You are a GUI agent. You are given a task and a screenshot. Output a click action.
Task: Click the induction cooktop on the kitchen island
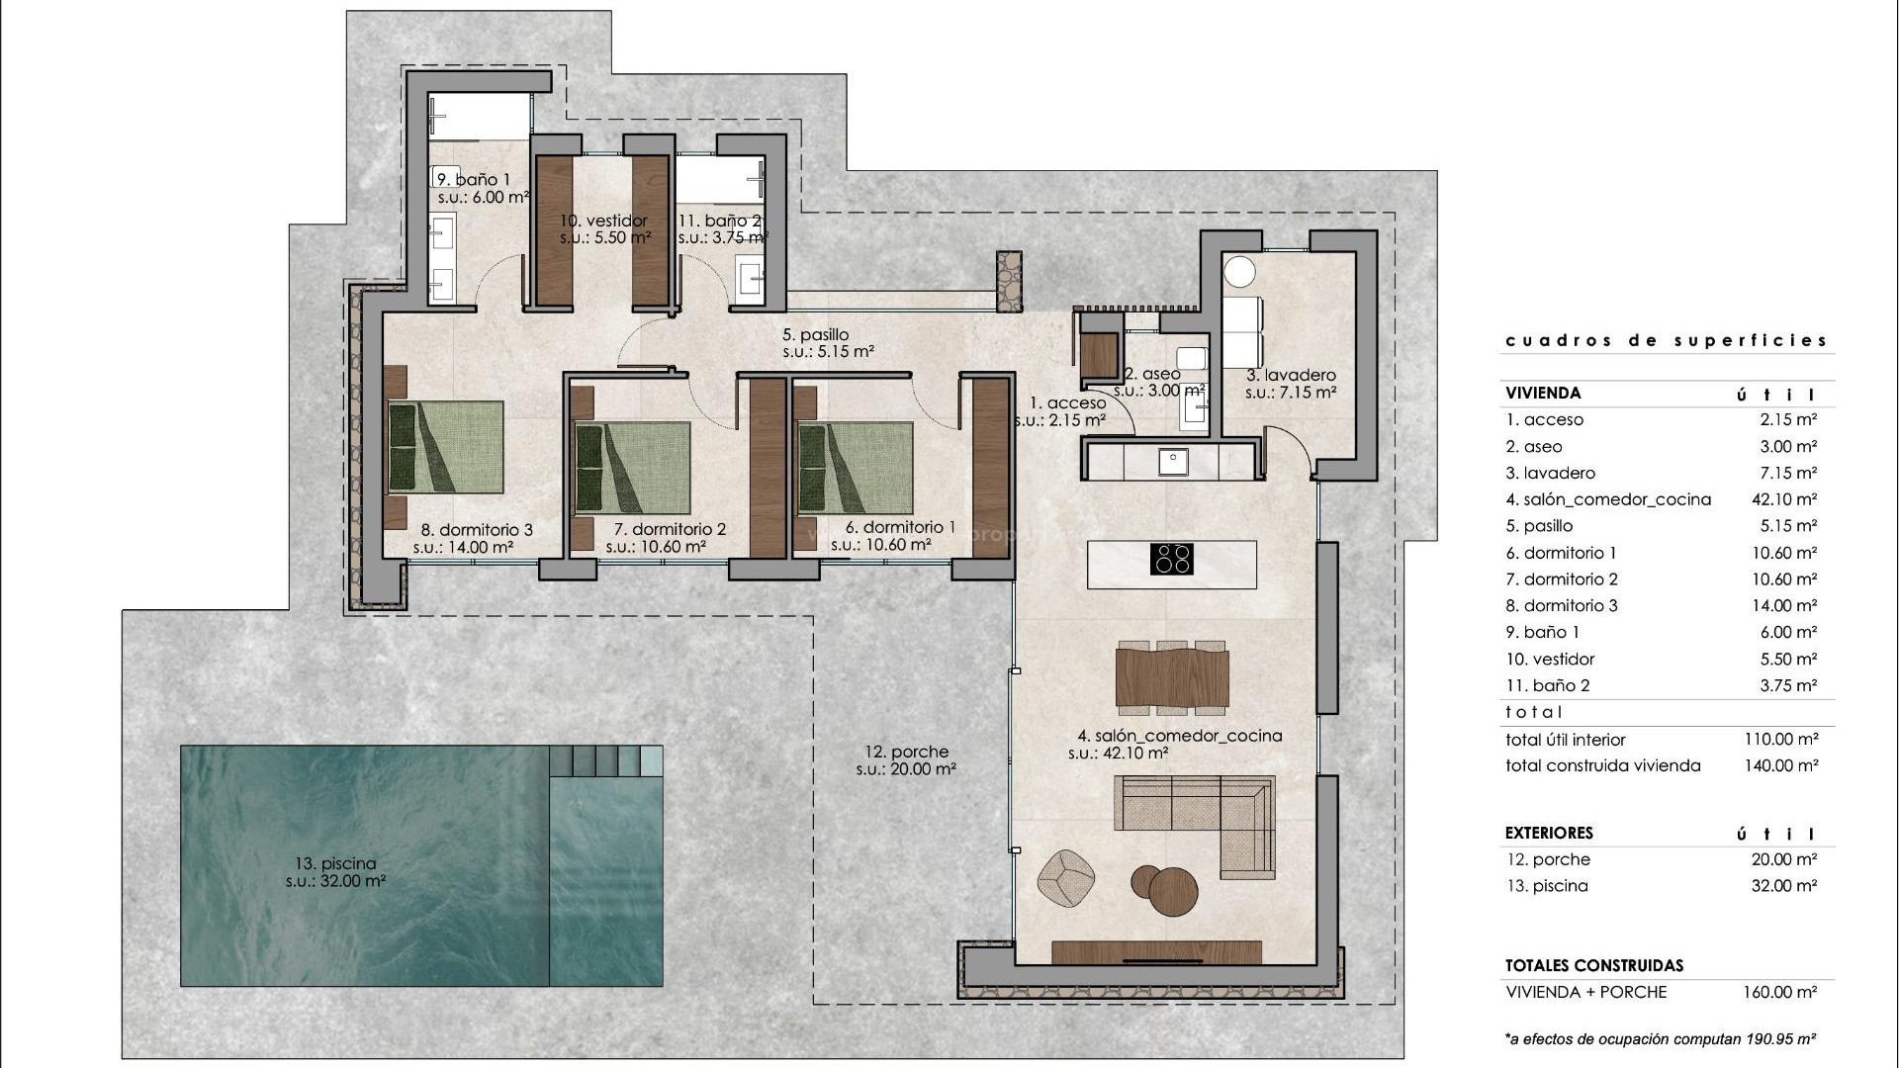click(1172, 559)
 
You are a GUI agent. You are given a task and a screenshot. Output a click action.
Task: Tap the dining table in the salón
click(1172, 677)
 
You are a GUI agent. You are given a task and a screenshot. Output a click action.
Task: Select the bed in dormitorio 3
click(445, 447)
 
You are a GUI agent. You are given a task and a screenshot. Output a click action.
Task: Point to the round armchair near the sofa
click(1066, 877)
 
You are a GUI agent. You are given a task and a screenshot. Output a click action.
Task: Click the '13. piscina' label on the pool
click(335, 863)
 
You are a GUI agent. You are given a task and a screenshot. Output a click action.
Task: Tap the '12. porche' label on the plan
click(905, 753)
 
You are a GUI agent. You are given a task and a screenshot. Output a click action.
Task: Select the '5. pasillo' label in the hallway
click(815, 335)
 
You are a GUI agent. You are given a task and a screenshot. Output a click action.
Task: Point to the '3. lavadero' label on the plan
click(1291, 375)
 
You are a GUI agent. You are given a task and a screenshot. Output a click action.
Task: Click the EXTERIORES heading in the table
click(1549, 834)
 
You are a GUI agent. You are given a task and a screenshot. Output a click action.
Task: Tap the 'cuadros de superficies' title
click(1667, 340)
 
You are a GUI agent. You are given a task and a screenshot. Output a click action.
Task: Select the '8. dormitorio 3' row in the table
click(1562, 605)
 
